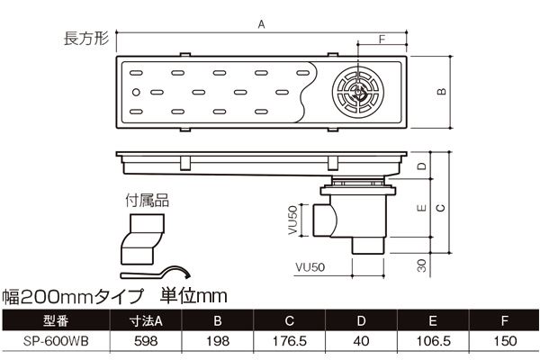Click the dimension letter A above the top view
click(x=262, y=27)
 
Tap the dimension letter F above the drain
click(x=382, y=38)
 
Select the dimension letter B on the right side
click(x=441, y=91)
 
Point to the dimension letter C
click(x=440, y=207)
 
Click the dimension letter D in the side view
click(x=420, y=168)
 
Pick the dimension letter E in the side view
click(x=420, y=209)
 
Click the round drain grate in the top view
click(x=357, y=91)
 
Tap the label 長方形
click(x=85, y=39)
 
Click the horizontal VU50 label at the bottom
click(x=309, y=267)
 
